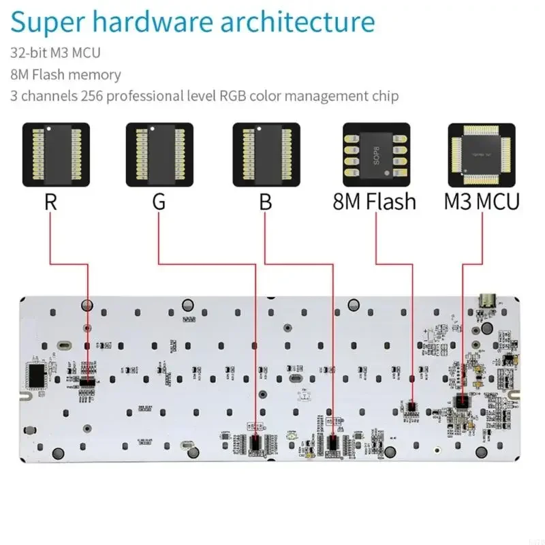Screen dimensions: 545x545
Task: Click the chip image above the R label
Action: click(x=57, y=155)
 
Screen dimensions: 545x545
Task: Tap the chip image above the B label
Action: click(x=266, y=155)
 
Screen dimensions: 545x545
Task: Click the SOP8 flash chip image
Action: click(x=376, y=155)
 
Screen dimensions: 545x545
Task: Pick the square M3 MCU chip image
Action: click(x=482, y=155)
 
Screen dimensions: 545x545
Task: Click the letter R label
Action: click(x=50, y=202)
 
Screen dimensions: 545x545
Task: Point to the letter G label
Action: click(x=158, y=202)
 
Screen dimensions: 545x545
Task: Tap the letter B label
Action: click(x=265, y=202)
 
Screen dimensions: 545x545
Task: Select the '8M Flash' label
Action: click(x=374, y=202)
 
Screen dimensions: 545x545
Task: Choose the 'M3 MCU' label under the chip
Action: click(x=482, y=202)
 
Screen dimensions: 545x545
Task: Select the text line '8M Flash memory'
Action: click(x=65, y=74)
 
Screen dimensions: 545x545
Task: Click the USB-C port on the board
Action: click(x=487, y=299)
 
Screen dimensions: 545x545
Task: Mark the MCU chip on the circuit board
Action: click(x=463, y=401)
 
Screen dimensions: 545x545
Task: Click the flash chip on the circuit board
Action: click(x=409, y=405)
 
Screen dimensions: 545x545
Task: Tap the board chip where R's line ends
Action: click(x=87, y=383)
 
